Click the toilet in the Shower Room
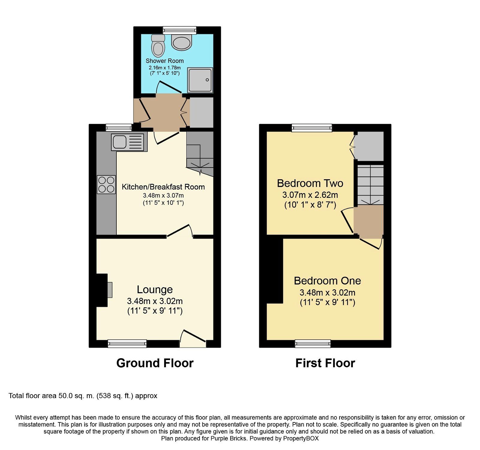(x=158, y=46)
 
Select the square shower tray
(x=200, y=80)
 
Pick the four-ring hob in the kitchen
(x=106, y=184)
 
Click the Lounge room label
(x=155, y=289)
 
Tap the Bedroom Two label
(x=310, y=183)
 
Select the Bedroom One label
(x=327, y=281)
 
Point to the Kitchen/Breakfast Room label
(x=163, y=187)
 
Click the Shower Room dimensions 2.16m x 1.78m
(x=164, y=68)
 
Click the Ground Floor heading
(x=155, y=363)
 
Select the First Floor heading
(x=325, y=363)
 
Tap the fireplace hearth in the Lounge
(x=110, y=290)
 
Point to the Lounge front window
(x=127, y=344)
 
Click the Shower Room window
(x=179, y=30)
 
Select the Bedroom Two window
(x=312, y=128)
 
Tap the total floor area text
(x=83, y=396)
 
